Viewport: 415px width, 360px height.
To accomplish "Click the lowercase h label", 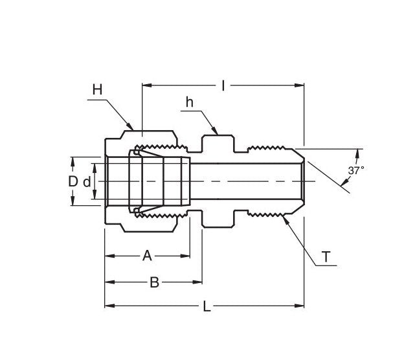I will click(190, 102).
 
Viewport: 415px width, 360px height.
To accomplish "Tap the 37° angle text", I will click(356, 170).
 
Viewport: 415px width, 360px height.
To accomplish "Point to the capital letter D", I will click(73, 181).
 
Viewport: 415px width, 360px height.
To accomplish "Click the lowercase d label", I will click(86, 181).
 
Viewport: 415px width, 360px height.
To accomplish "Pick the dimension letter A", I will click(147, 256).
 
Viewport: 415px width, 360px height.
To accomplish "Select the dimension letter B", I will click(154, 282).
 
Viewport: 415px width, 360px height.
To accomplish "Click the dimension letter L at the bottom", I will click(207, 307).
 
